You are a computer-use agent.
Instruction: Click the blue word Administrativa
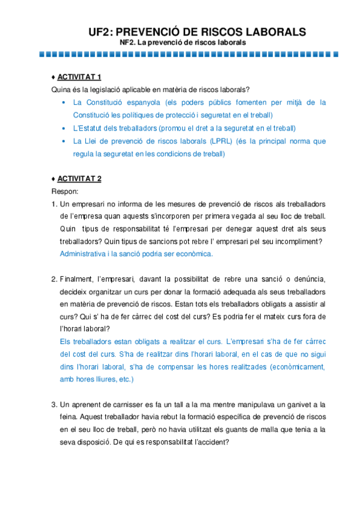point(83,254)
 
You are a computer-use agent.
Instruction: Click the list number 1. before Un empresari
point(54,203)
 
